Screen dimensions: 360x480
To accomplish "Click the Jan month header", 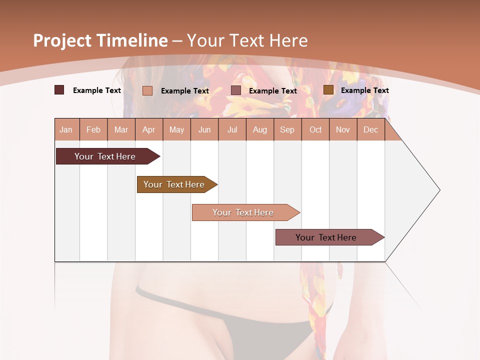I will pos(66,129).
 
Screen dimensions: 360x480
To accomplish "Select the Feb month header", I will pos(93,129).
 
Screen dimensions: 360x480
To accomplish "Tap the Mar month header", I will pos(121,129).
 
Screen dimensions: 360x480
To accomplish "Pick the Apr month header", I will pos(148,129).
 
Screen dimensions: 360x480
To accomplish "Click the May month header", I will pos(176,129).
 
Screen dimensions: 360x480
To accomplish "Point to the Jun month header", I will pos(204,129).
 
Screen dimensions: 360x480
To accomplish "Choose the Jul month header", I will pos(232,129).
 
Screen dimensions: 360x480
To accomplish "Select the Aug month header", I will pos(259,129).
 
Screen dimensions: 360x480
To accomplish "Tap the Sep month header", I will pos(287,129).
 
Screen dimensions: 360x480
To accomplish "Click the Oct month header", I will pos(315,129).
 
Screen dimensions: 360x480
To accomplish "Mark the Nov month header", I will pos(342,129).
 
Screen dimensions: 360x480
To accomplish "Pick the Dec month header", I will pos(370,129).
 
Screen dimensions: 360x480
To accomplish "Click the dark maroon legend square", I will pos(59,90).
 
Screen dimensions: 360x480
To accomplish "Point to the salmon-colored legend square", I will pos(147,90).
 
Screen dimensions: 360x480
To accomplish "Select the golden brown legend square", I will pos(328,90).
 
